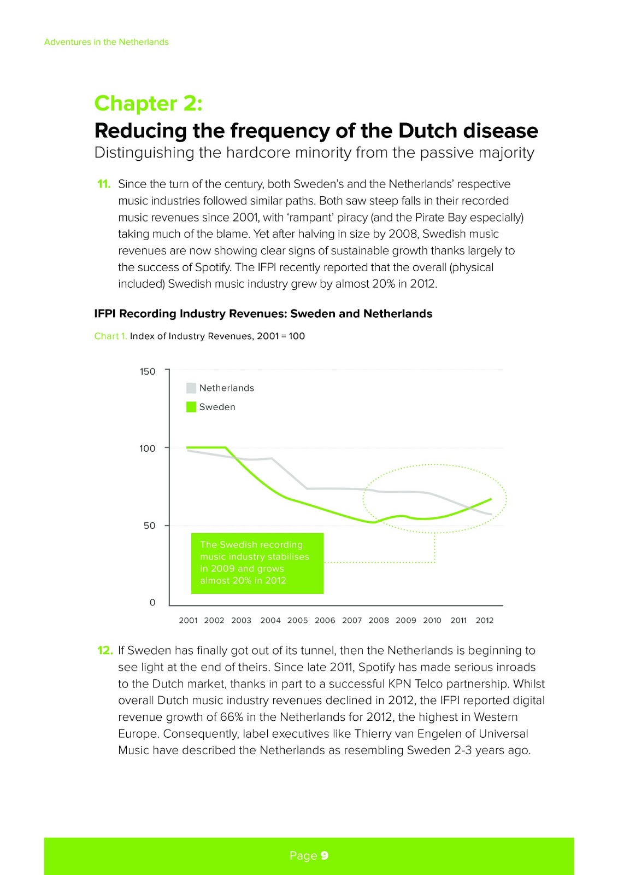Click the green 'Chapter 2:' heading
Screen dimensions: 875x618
148,103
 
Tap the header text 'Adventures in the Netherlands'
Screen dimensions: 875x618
106,42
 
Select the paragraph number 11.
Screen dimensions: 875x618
104,184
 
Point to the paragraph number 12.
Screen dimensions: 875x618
104,650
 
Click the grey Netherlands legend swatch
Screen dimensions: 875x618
191,388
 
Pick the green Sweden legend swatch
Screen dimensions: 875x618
191,407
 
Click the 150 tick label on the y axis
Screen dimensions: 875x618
148,372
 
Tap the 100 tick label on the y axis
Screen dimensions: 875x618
148,448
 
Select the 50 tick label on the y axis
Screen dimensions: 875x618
149,526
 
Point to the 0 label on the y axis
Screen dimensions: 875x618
152,603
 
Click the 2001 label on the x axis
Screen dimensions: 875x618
188,620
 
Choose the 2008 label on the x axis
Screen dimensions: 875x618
379,620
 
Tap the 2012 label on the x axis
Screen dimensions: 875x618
485,620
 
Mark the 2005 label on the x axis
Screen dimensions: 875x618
298,620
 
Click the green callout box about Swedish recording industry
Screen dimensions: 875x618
257,563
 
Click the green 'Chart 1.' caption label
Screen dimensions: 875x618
110,336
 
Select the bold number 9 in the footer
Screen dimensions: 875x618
325,856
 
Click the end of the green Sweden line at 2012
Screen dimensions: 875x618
491,499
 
